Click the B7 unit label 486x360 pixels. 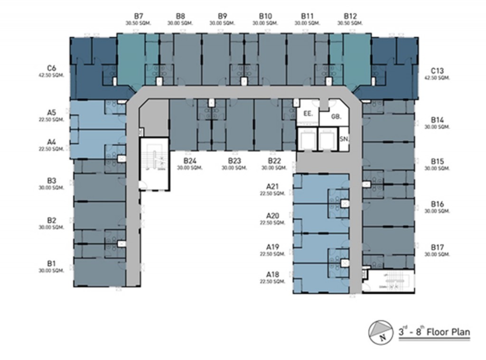(134, 16)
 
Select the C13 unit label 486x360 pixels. (438, 71)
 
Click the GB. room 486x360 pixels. (336, 115)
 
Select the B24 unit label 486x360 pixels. (190, 161)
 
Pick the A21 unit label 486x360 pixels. (272, 186)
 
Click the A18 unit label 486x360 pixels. (272, 274)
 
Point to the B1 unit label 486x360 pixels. (52, 263)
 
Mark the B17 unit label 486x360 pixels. (438, 247)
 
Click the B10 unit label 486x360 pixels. (265, 16)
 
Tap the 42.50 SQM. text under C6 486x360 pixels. (52, 75)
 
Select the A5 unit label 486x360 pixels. (52, 113)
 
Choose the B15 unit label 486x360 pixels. (438, 162)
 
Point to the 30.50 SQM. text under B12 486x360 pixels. (349, 23)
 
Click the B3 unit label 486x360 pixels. (52, 181)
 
